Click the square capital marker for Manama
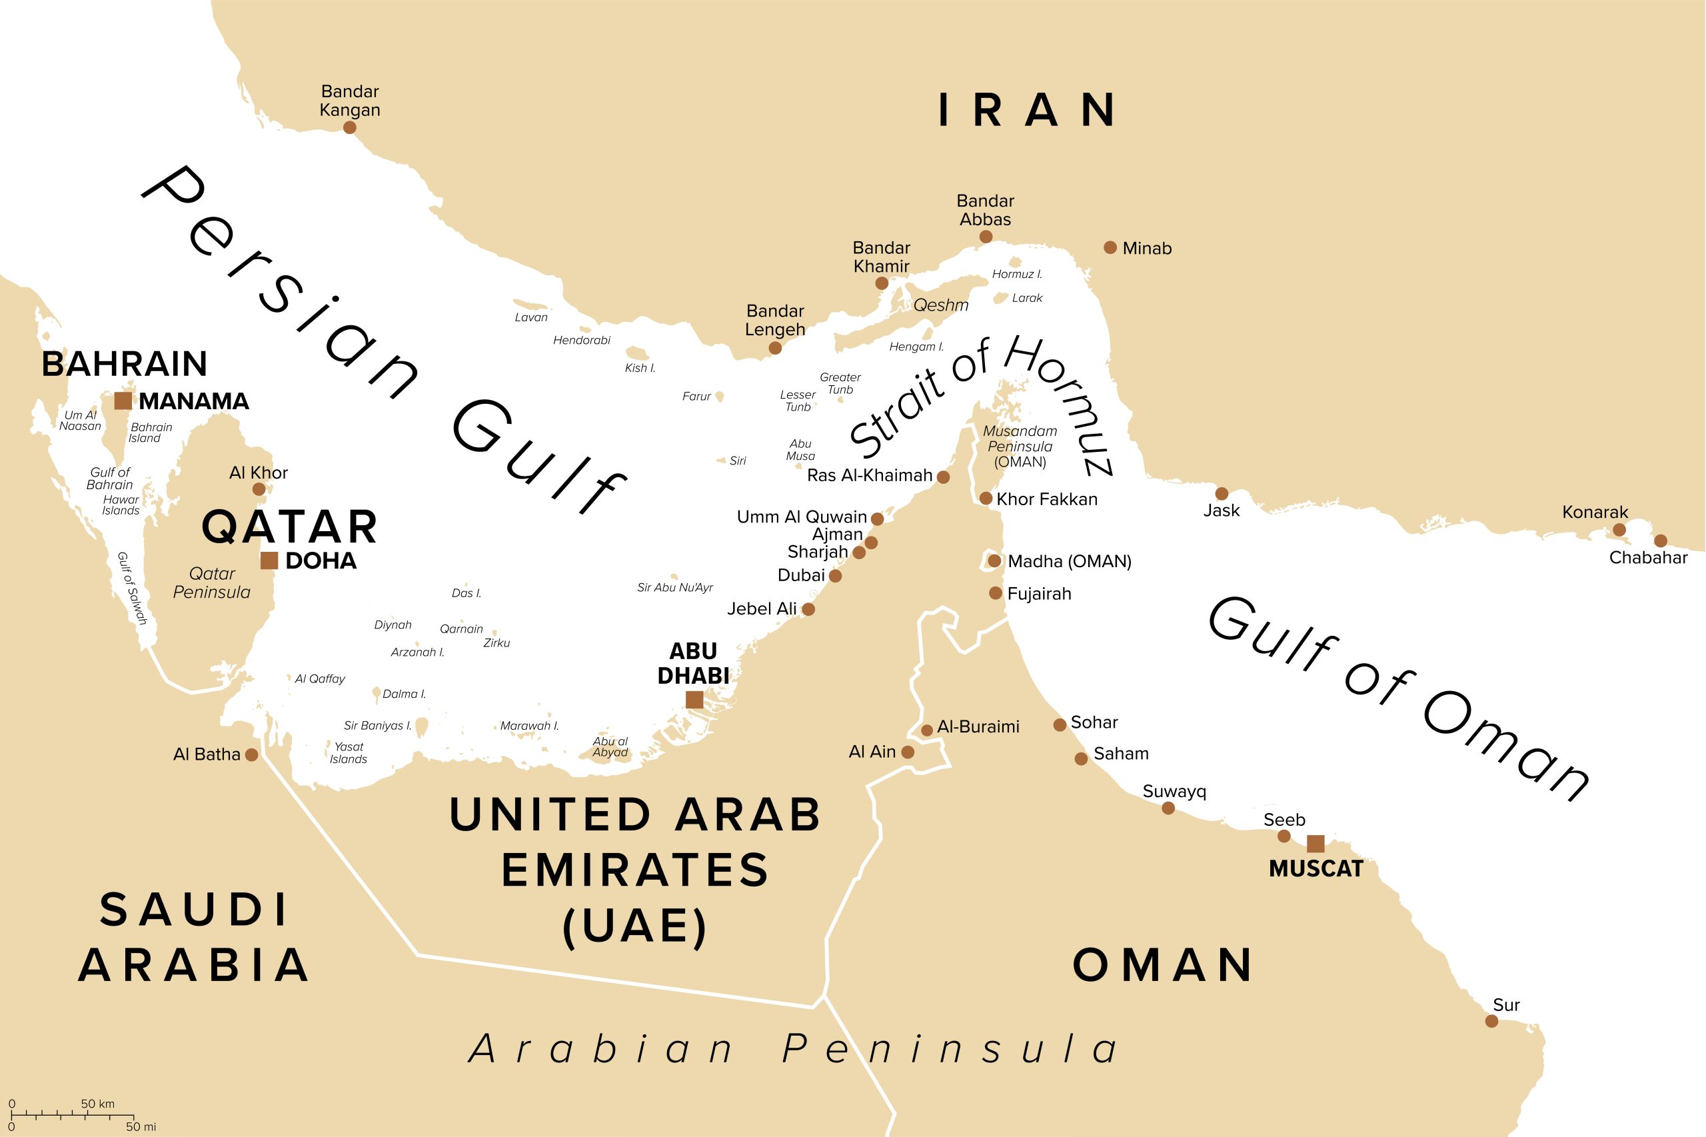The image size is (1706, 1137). tap(123, 401)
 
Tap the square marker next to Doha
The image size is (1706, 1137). tap(269, 561)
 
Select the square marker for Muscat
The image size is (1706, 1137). tap(1315, 844)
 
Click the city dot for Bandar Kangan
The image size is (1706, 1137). tap(349, 127)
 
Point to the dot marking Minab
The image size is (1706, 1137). tap(1110, 248)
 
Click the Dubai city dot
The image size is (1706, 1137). tap(835, 576)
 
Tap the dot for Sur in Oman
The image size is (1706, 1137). tap(1491, 1021)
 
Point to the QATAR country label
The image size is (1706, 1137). tap(289, 527)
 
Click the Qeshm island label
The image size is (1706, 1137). tap(940, 305)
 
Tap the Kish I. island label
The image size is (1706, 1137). tap(640, 369)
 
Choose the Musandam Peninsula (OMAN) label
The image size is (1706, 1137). tap(1020, 446)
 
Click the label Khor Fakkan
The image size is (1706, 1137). tap(1046, 499)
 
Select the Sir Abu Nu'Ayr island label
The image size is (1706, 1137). tap(674, 587)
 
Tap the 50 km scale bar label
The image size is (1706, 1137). tap(97, 1104)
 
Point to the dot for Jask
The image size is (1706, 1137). tap(1222, 494)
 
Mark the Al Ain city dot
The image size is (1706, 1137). tap(908, 752)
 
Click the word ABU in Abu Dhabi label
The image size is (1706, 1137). tap(692, 651)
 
